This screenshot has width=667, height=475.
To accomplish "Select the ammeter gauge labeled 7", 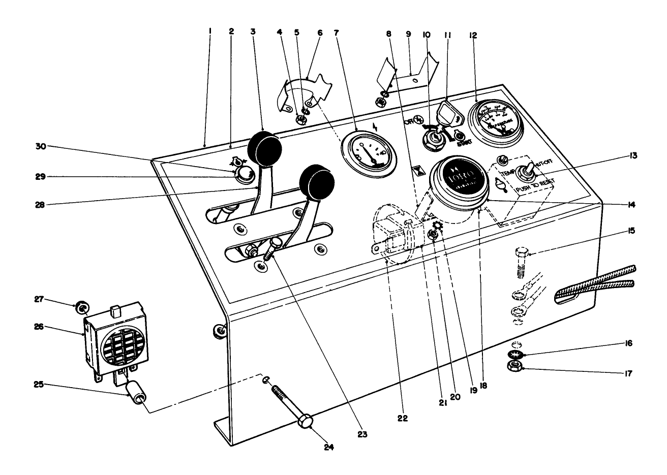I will tap(367, 152).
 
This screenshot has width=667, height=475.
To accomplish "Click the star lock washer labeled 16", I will tap(517, 354).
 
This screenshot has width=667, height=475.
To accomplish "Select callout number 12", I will tap(473, 35).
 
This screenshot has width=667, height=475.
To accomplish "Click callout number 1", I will tap(209, 31).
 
